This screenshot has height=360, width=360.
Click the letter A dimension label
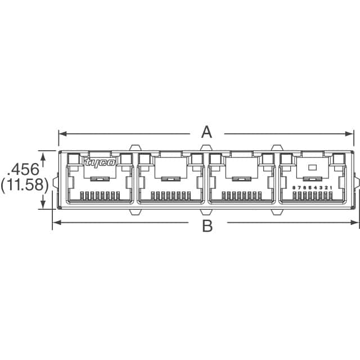click(x=207, y=133)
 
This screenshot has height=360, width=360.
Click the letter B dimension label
click(x=208, y=226)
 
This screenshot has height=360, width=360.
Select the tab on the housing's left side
click(x=55, y=183)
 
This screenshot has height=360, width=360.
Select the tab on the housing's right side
click(x=357, y=183)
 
